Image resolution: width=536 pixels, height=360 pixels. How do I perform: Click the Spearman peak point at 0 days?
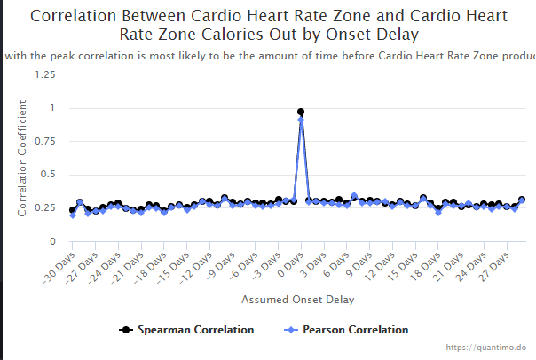point(301,112)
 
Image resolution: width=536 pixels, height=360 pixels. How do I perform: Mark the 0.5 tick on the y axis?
point(47,176)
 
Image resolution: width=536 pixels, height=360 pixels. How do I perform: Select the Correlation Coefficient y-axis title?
point(23,158)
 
